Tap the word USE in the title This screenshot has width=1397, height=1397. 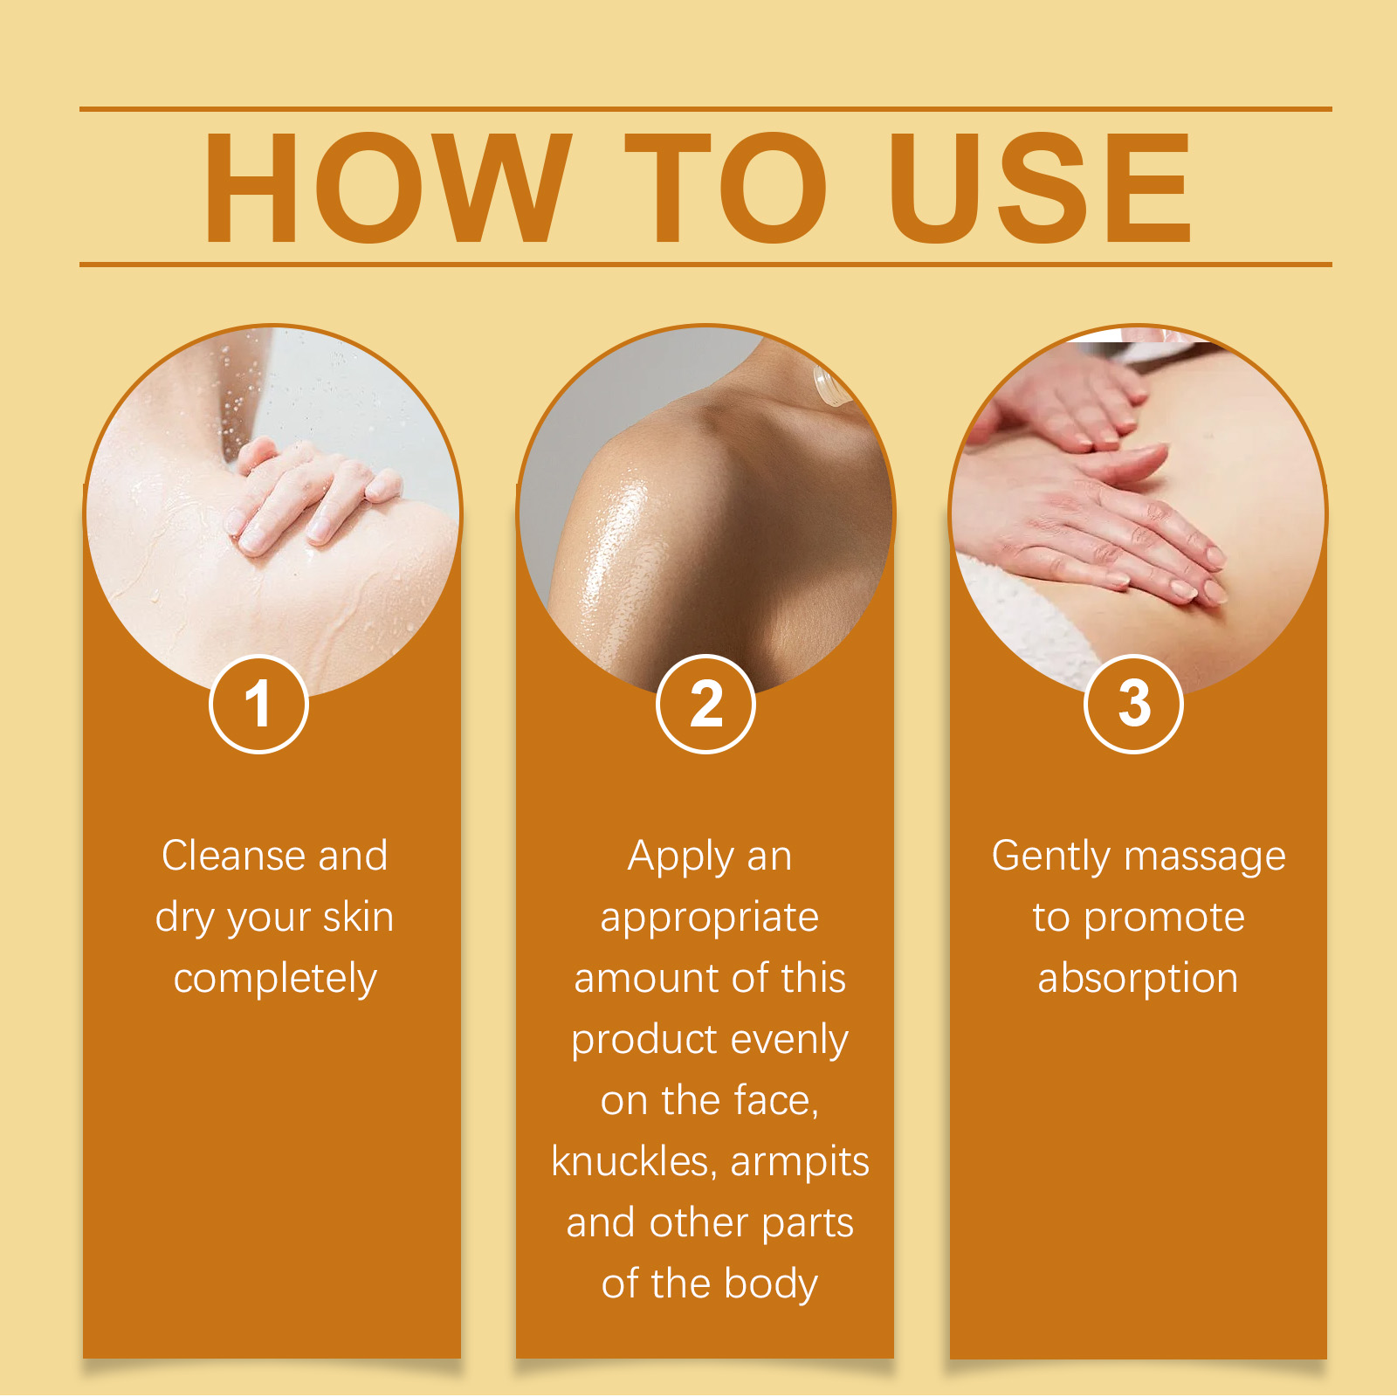1040,188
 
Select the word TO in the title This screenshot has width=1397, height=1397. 725,188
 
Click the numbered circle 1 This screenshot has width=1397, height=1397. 258,704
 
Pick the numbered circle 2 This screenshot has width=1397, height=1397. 705,704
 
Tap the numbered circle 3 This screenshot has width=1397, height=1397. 1133,704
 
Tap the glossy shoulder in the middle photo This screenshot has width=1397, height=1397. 664,489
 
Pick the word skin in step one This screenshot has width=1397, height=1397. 358,918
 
